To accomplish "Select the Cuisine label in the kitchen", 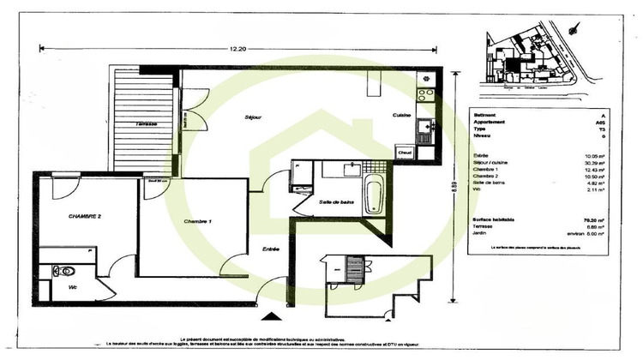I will coord(402,116).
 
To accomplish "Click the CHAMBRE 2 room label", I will coord(85,217).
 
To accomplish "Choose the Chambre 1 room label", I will coord(199,222).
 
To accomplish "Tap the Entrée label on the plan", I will coord(271,249).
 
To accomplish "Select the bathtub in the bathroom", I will coord(375,196).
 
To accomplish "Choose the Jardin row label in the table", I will coord(482,233).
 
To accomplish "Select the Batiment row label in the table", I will coord(486,116).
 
